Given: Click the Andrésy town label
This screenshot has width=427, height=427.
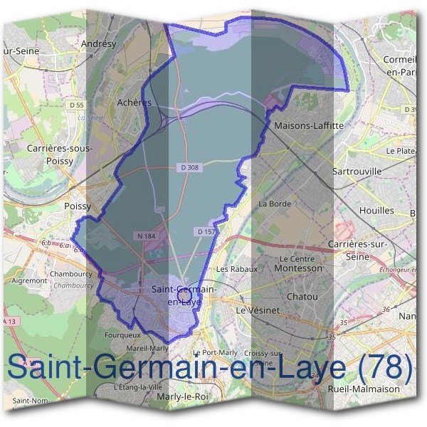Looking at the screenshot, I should click(99, 43).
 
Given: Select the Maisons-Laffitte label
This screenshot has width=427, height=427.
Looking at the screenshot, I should click(309, 125).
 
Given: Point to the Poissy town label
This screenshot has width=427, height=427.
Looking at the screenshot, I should click(78, 206).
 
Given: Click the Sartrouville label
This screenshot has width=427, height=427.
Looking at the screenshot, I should click(357, 172).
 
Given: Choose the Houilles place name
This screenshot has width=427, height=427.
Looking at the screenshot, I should click(376, 211).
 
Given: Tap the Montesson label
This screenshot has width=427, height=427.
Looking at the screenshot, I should click(298, 268).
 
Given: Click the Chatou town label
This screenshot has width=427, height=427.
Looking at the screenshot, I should click(302, 296).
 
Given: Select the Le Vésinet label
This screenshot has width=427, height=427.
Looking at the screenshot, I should click(258, 311).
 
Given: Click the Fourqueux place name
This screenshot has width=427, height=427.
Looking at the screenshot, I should click(122, 333).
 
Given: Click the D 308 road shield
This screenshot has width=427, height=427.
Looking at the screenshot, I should click(188, 167).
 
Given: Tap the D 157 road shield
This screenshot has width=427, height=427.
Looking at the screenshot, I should click(206, 232).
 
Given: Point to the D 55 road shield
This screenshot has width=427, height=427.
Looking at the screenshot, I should click(77, 105).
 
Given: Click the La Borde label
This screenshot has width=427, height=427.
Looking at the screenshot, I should click(275, 204).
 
